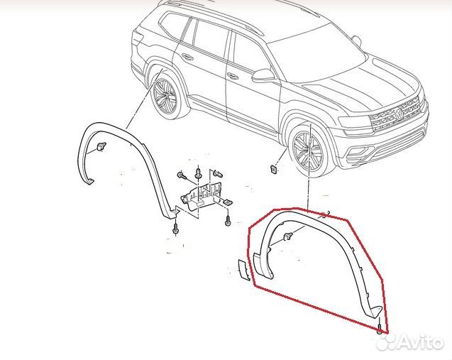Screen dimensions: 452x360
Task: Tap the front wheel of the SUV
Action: [307, 151]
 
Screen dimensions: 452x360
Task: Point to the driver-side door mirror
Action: [263, 76]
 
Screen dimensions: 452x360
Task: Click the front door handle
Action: [232, 75]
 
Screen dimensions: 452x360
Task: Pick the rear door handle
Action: [187, 56]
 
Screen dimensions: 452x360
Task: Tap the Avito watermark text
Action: [420, 342]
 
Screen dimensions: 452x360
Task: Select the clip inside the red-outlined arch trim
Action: [287, 236]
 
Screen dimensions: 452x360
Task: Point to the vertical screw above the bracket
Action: [198, 173]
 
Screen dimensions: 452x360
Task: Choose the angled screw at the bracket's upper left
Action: [181, 175]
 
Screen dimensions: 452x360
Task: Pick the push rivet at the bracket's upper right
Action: [219, 174]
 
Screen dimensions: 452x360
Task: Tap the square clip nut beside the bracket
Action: [228, 202]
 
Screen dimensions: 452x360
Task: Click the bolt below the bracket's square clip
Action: [228, 222]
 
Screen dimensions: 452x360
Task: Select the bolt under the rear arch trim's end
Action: [175, 229]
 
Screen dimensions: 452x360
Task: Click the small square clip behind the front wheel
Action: [273, 169]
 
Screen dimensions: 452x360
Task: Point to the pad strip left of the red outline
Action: [244, 270]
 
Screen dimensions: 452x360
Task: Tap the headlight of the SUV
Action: [353, 123]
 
